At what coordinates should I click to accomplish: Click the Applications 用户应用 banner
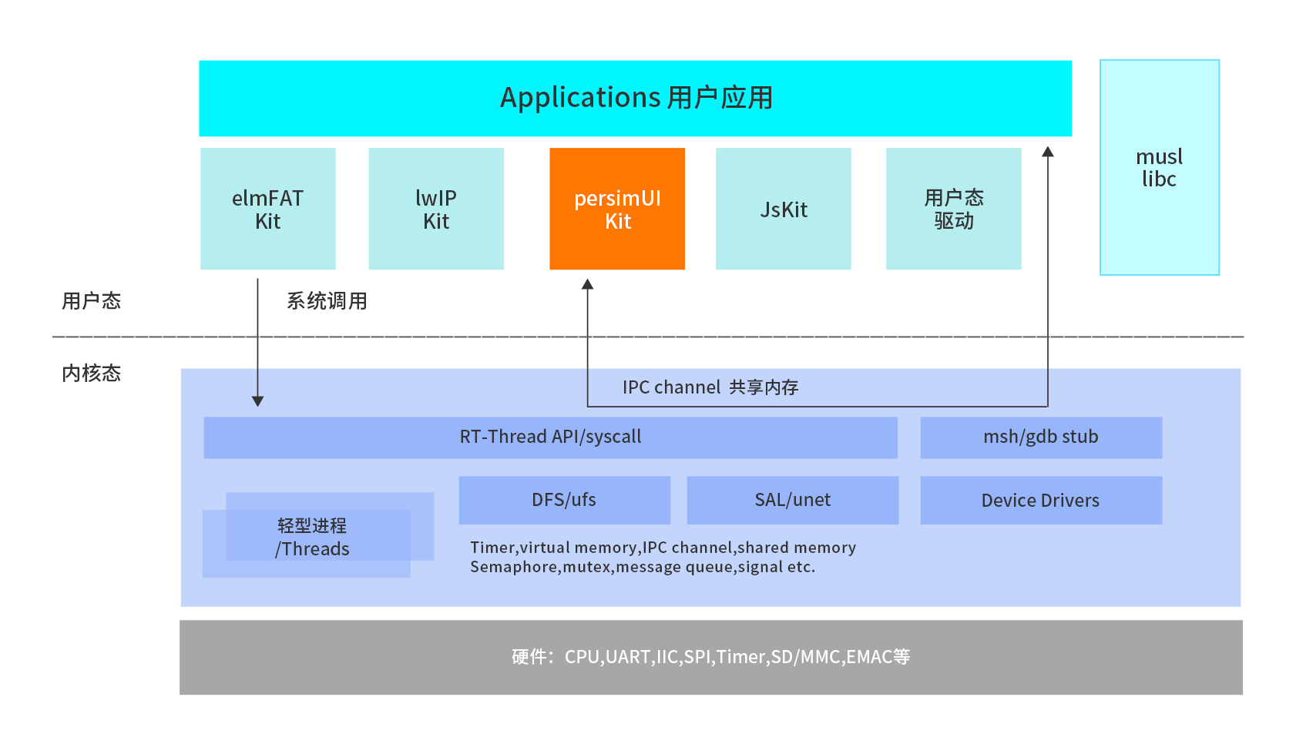coord(635,99)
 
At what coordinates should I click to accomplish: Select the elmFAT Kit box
coord(267,209)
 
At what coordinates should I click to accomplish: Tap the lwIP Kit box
coord(436,209)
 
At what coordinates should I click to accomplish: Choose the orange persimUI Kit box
coord(617,209)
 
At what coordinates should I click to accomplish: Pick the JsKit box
coord(783,209)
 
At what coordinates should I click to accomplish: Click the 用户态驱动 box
coord(953,209)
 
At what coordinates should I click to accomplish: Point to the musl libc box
coord(1159,167)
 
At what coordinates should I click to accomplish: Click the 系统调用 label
coord(327,301)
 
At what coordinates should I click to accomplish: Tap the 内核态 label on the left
coord(91,374)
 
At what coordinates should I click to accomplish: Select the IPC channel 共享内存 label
coord(710,387)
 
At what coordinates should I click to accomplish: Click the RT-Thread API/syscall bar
coord(550,437)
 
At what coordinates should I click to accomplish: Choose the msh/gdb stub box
coord(1040,437)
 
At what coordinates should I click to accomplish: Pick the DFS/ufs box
coord(564,500)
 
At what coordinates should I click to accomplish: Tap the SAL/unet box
coord(792,500)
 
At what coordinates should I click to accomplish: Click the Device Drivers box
coord(1040,501)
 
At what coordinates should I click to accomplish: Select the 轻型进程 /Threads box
coord(312,538)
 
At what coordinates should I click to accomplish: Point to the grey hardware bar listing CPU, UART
coord(710,657)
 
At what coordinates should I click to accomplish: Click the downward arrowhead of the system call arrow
coord(258,401)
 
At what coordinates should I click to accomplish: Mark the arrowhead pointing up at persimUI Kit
coord(587,284)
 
